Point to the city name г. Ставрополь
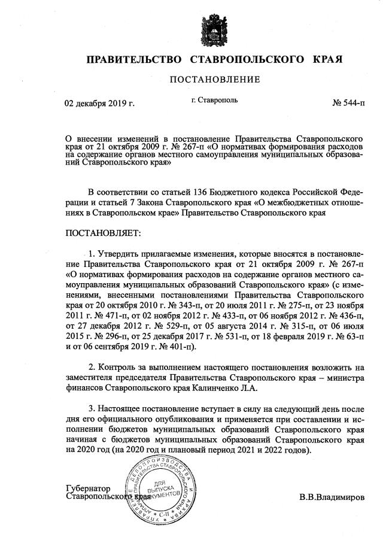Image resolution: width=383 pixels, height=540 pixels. (214, 100)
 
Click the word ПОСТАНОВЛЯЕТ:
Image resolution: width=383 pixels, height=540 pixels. (102, 232)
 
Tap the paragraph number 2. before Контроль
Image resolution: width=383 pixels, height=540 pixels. (92, 365)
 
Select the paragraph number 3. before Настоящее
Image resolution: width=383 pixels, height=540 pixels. (92, 408)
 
